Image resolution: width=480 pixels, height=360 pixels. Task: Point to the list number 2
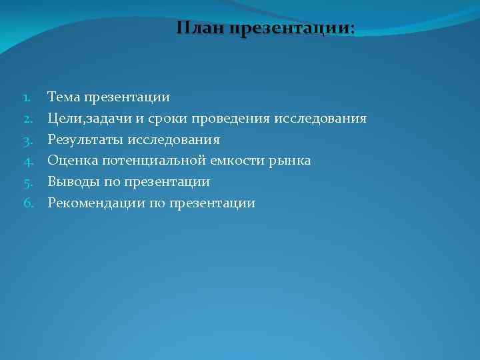[29, 119]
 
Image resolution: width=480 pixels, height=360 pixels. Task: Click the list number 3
[29, 140]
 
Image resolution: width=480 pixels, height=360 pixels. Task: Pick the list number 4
[29, 161]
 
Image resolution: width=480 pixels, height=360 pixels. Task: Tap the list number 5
[29, 182]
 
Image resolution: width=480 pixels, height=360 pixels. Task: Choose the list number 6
[29, 203]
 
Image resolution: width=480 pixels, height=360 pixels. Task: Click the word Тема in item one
[63, 97]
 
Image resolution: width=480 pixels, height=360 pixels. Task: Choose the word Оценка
[69, 161]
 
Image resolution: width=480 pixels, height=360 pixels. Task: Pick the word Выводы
[71, 182]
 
